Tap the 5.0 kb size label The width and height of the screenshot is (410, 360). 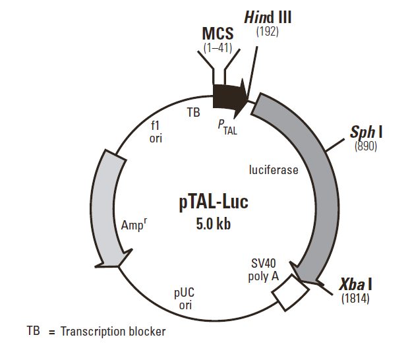tap(213, 224)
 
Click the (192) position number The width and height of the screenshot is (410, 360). tap(268, 31)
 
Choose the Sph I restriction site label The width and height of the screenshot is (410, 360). tap(366, 133)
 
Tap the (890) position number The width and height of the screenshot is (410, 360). tap(365, 147)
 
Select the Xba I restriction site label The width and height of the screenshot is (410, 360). tap(356, 285)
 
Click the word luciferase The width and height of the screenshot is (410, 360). tap(274, 170)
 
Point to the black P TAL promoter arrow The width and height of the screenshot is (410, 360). tap(229, 97)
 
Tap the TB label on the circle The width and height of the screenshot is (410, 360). tap(193, 113)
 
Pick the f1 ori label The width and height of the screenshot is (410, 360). tap(156, 132)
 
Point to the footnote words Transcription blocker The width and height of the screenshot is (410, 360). tap(113, 331)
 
